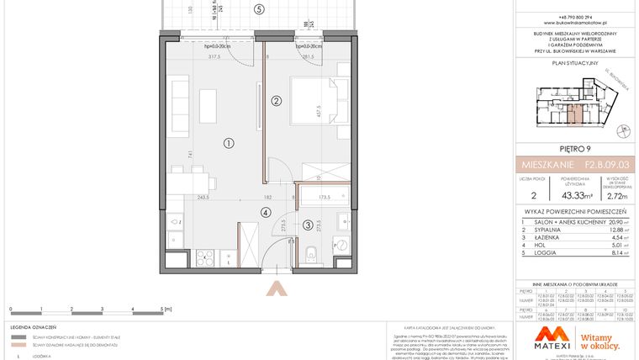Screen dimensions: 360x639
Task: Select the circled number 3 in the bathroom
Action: [308, 225]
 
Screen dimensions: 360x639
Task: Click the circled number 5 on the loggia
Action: [259, 9]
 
